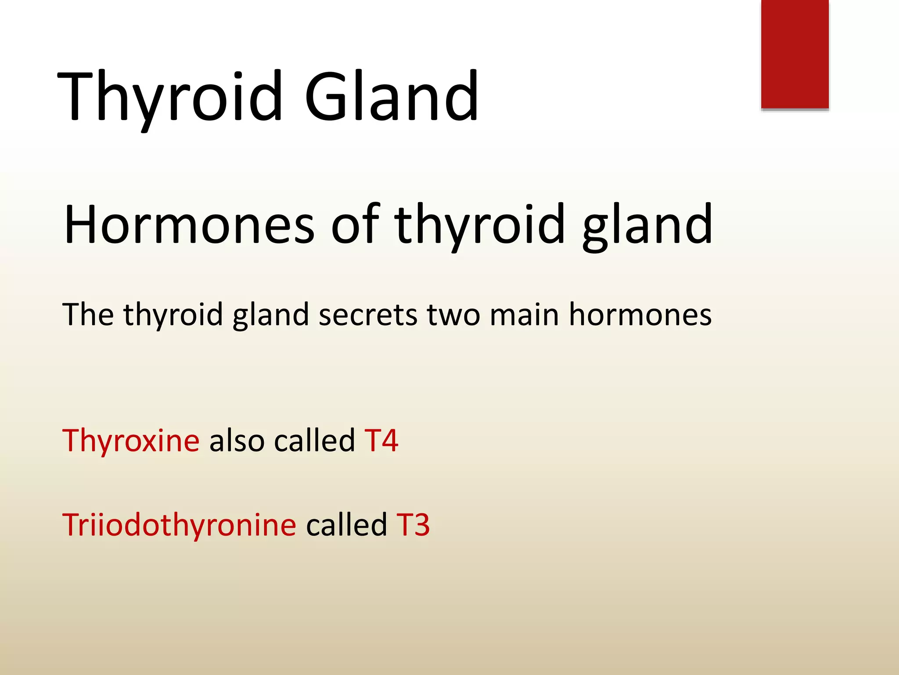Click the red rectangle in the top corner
coord(795,54)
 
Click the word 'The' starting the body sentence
coord(88,314)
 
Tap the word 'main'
coord(524,315)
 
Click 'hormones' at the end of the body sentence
coord(640,314)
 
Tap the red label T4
coord(381,440)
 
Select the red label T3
coord(413,525)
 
